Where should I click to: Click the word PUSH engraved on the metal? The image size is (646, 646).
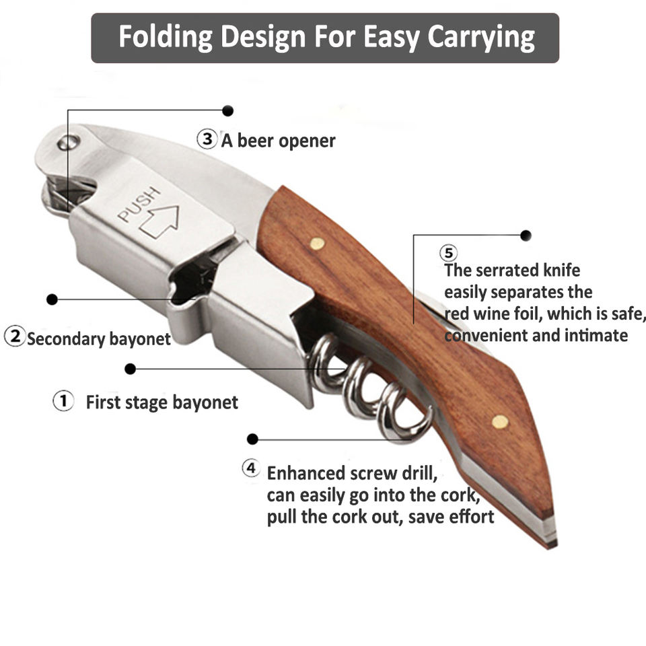[139, 205]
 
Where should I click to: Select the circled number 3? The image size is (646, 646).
[206, 139]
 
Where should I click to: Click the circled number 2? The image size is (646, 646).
[14, 336]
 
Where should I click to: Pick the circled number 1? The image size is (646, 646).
[63, 402]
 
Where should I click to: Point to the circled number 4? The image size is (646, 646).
[251, 468]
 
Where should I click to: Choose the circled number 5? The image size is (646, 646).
[449, 253]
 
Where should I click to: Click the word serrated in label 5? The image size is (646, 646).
[507, 271]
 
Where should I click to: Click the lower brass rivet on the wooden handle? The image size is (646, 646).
[499, 422]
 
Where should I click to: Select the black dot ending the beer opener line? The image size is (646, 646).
[228, 110]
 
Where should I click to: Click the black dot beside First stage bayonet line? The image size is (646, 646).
[131, 369]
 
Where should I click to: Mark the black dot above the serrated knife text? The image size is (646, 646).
[526, 236]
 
